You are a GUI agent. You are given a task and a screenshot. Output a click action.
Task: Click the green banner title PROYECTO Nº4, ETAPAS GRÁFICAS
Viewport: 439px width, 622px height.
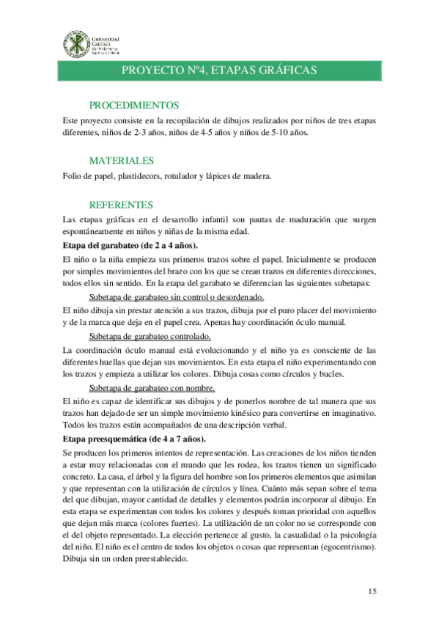click(219, 70)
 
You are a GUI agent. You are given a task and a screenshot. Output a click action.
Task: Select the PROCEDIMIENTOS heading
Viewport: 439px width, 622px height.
click(134, 105)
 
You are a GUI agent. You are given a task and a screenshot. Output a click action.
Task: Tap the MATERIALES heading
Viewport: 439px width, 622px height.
click(121, 160)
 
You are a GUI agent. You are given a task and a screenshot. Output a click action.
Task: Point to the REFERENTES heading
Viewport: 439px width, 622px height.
click(121, 205)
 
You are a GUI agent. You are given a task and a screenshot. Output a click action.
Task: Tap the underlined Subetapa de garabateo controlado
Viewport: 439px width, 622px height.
click(150, 337)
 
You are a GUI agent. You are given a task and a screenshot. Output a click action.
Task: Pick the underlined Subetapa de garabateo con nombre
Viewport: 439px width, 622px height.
click(151, 388)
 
